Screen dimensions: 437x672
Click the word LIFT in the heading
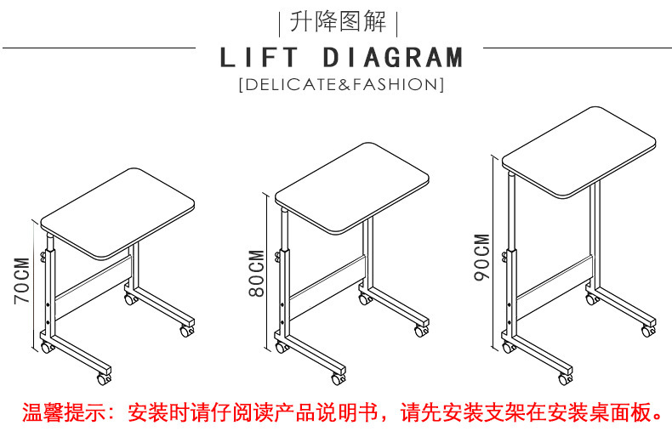[259, 58]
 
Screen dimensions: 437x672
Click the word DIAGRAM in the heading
[394, 58]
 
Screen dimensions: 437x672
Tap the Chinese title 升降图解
[339, 20]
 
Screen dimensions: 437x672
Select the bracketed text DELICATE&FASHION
[340, 84]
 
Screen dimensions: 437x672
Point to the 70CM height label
[23, 281]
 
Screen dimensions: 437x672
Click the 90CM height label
[482, 257]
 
